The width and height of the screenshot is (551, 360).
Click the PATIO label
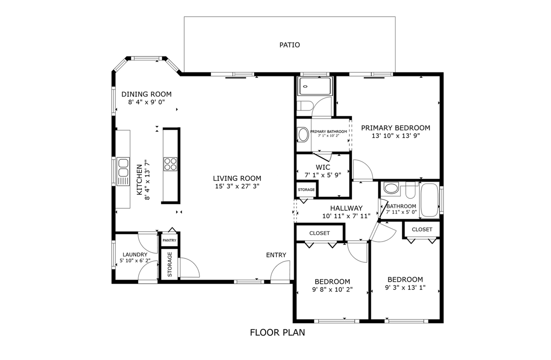[x=289, y=45]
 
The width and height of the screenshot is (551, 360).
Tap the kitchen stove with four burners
[x=170, y=164]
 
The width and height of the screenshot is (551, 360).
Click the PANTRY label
[x=170, y=240]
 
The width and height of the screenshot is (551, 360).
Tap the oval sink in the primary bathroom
[x=303, y=134]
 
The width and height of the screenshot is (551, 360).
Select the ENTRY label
[x=276, y=255]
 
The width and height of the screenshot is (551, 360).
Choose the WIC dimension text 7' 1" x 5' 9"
[x=322, y=175]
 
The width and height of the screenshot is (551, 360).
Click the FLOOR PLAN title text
[x=278, y=332]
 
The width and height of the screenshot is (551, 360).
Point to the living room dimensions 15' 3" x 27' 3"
[x=237, y=186]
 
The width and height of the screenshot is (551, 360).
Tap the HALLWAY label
[x=346, y=208]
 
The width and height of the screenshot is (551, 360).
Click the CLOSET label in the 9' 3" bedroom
[x=422, y=230]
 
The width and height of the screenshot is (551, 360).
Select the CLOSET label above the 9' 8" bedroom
[x=319, y=233]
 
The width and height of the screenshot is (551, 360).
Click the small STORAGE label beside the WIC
[x=306, y=189]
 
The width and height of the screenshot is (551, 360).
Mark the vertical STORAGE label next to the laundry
[x=170, y=264]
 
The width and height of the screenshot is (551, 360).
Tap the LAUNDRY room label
[x=135, y=254]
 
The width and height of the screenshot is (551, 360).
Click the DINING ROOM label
[x=146, y=94]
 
